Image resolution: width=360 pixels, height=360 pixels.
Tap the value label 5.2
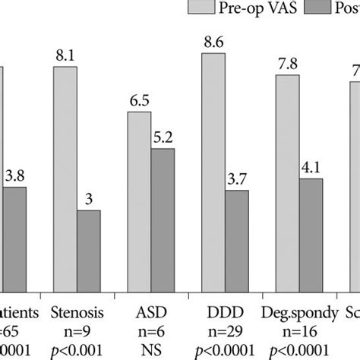163,139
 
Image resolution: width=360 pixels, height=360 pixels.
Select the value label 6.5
139,102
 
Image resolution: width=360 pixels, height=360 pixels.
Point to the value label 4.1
311,169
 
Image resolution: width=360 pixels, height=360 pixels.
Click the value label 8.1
65,56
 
